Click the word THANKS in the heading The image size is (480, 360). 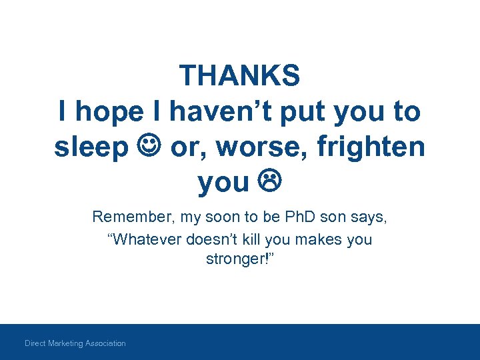point(240,76)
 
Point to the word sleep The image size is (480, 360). point(91,147)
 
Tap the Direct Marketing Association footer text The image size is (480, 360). point(75,343)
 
